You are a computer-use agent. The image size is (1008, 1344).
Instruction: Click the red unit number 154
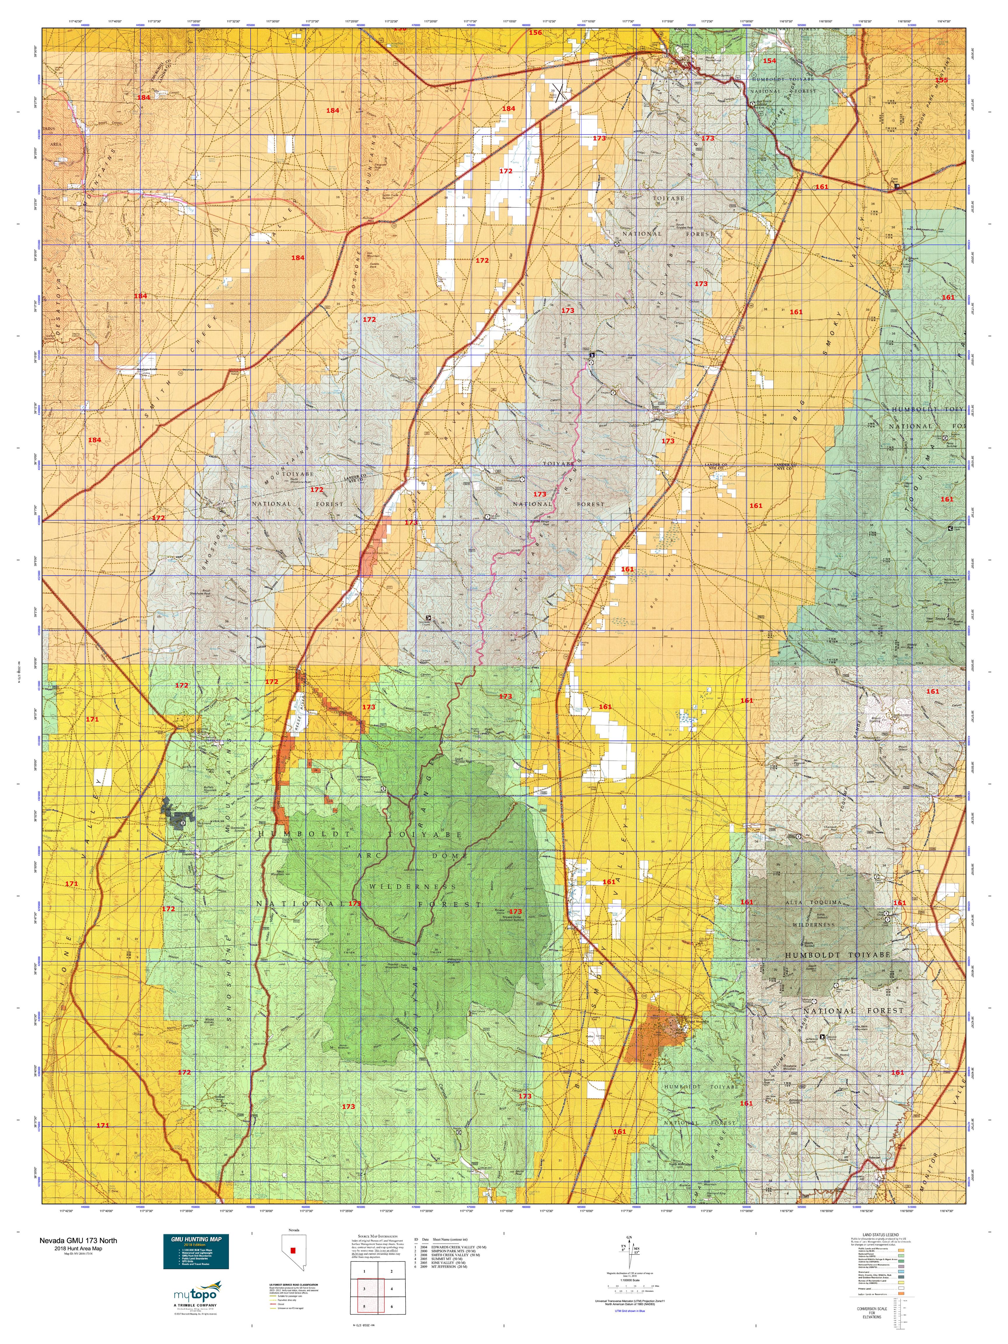tap(769, 61)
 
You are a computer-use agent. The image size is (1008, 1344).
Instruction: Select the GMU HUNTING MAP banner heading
tap(196, 1239)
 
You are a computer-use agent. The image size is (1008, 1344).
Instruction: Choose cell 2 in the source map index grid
tap(392, 1270)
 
